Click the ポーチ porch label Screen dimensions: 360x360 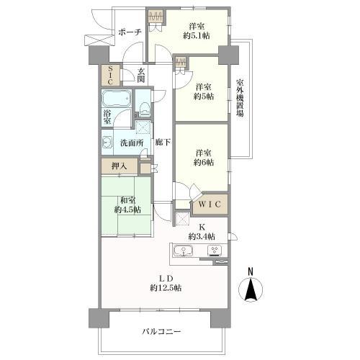click(130, 32)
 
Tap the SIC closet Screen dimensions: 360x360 click(110, 75)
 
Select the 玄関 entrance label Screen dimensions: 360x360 click(141, 75)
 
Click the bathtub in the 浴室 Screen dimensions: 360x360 click(117, 99)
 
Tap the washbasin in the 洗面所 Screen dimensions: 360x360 click(107, 143)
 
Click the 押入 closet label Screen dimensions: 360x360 click(120, 166)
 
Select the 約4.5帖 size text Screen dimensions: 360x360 click(127, 210)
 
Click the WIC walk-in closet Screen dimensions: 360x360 click(210, 204)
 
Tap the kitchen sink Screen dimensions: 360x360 click(183, 251)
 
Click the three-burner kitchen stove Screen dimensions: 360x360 click(215, 251)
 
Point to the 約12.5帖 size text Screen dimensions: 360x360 click(166, 287)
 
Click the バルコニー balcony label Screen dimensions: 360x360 click(161, 332)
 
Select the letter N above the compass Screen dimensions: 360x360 click(251, 272)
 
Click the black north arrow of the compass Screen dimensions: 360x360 click(251, 289)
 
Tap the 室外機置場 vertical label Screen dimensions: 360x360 click(240, 98)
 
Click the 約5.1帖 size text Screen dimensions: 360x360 click(197, 36)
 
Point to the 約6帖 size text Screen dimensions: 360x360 click(204, 163)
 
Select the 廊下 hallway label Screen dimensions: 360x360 click(163, 143)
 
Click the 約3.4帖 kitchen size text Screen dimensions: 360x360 click(202, 237)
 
